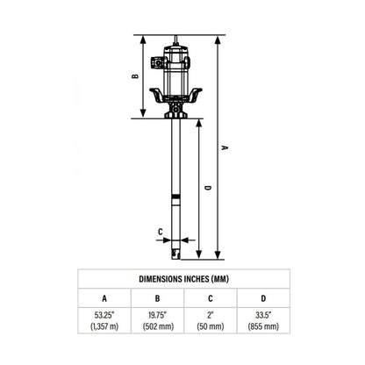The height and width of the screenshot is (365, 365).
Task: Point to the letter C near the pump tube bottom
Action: [161, 233]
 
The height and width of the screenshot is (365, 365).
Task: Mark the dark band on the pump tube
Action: [179, 194]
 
